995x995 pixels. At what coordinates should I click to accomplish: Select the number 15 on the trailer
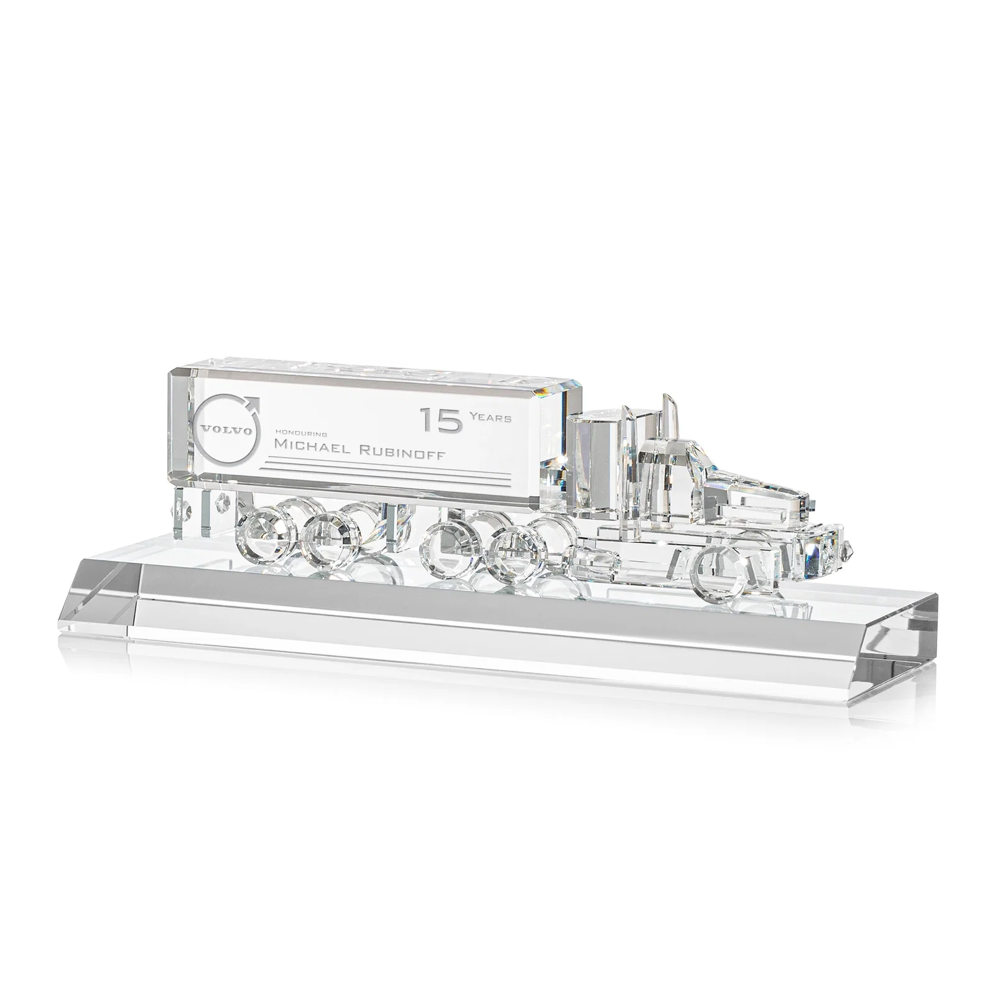pyautogui.click(x=441, y=420)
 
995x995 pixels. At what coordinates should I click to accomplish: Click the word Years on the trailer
pyautogui.click(x=491, y=418)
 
